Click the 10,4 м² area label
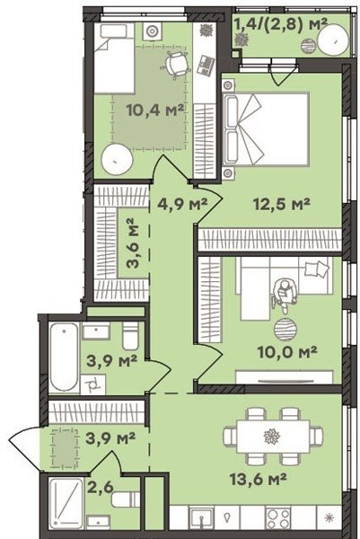pyautogui.click(x=155, y=110)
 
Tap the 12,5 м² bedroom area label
pyautogui.click(x=282, y=204)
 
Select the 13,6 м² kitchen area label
pyautogui.click(x=259, y=479)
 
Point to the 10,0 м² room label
pyautogui.click(x=287, y=351)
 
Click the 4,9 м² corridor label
pyautogui.click(x=182, y=204)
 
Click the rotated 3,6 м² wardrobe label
pyautogui.click(x=132, y=243)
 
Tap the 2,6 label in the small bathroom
pyautogui.click(x=100, y=488)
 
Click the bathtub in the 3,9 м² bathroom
pyautogui.click(x=65, y=357)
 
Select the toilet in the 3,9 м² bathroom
pyautogui.click(x=130, y=335)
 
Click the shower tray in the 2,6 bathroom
pyautogui.click(x=66, y=503)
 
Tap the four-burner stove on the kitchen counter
pyautogui.click(x=277, y=517)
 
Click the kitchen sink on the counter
pyautogui.click(x=202, y=518)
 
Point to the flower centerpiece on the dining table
pyautogui.click(x=272, y=437)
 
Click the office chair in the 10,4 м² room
pyautogui.click(x=176, y=65)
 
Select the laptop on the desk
pyautogui.click(x=206, y=66)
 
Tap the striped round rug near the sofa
pyautogui.click(x=285, y=330)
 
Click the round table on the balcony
pyautogui.click(x=333, y=40)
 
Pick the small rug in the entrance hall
pyautogui.click(x=65, y=447)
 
